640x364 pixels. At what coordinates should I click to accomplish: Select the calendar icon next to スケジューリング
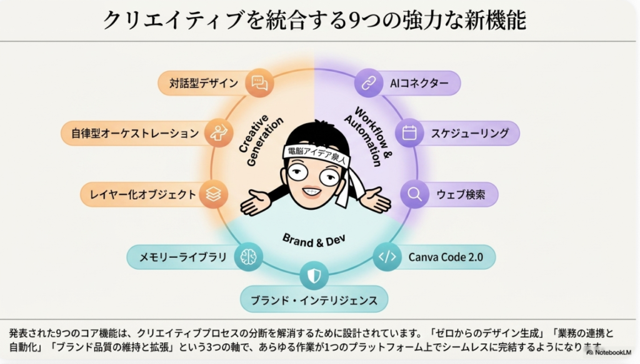point(409,133)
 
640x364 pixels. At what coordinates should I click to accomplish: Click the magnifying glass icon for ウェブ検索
point(414,194)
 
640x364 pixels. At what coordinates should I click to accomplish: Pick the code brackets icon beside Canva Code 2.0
point(387,257)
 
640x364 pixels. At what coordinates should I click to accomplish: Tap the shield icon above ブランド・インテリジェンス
point(314,275)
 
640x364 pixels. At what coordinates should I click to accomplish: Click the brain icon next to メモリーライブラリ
point(247,257)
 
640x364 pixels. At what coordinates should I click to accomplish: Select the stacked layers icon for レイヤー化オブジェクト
point(214,194)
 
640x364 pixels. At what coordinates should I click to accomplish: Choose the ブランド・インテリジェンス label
point(314,300)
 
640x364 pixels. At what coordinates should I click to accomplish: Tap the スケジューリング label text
point(469,133)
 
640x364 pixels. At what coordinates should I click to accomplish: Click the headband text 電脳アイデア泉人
point(315,152)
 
